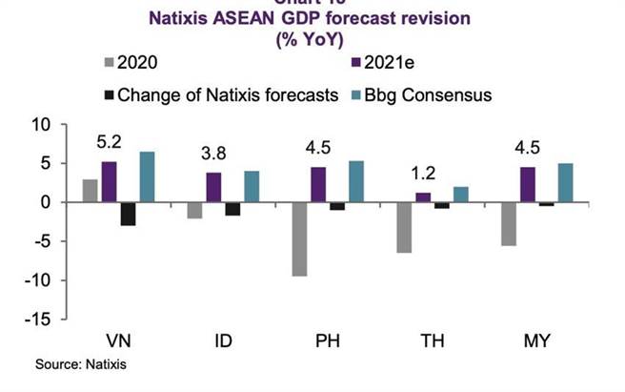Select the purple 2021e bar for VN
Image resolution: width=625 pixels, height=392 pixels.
coord(110,181)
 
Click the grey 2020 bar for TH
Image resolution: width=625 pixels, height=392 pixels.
coord(404,227)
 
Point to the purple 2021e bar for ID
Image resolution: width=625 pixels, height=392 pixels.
coord(214,187)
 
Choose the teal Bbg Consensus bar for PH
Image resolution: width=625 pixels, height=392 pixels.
coord(355,181)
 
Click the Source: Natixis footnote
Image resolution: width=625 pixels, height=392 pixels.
coord(81,364)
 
